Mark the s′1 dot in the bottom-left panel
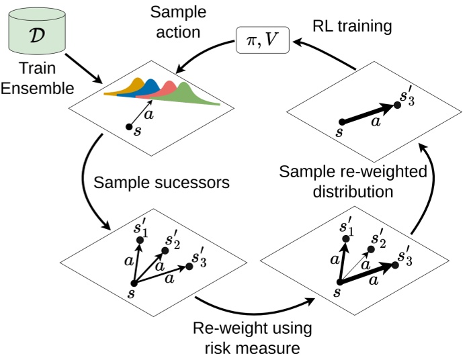click(x=140, y=240)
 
